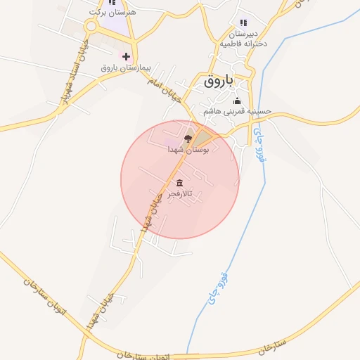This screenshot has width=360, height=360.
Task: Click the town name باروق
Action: click(219, 82)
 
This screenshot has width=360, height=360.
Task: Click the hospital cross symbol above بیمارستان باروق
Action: click(127, 56)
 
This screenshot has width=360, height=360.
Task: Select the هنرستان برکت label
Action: click(113, 13)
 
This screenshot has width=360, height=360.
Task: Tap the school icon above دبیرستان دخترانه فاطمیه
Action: click(243, 23)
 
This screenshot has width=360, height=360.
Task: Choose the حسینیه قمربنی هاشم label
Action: click(237, 111)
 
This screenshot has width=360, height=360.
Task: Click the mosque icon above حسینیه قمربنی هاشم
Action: click(237, 101)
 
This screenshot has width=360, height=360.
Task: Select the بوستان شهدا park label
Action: click(186, 150)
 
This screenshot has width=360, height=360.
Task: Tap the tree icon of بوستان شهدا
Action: click(187, 139)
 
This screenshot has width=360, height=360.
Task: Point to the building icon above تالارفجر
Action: click(179, 183)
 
